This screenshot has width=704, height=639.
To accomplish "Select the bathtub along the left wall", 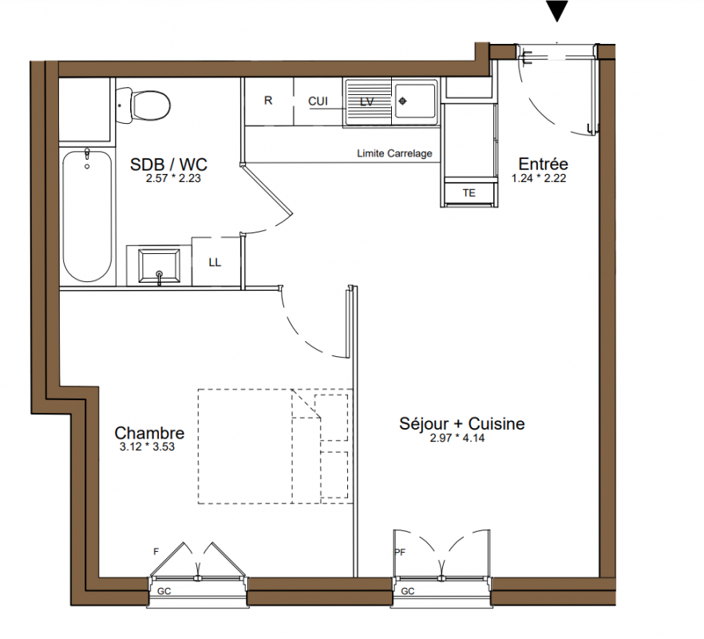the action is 87,216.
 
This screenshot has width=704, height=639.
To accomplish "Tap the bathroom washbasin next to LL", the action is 159,266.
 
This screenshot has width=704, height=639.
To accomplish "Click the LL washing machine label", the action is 215,263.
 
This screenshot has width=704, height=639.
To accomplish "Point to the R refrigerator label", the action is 268,101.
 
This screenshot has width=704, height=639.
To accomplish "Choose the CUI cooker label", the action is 318,101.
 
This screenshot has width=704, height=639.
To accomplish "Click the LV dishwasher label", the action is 367,102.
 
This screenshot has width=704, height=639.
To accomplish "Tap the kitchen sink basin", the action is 413,101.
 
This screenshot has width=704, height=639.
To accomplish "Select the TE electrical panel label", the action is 469,192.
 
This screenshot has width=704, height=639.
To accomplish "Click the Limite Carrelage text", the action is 394,153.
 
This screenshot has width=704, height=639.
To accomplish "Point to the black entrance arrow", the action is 557,11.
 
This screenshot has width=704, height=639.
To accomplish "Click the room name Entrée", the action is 543,164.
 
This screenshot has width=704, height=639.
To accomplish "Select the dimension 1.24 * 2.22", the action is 538,178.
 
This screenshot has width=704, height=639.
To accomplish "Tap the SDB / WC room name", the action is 168,165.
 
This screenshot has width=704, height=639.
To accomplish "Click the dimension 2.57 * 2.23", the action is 173,178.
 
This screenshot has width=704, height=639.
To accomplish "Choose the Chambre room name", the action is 149,433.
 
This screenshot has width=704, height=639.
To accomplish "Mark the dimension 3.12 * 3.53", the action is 147,447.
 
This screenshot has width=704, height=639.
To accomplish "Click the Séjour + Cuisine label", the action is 461,423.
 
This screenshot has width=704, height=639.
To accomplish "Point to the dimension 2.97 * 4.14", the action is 457,438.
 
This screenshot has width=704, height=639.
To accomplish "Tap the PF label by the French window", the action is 400,552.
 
